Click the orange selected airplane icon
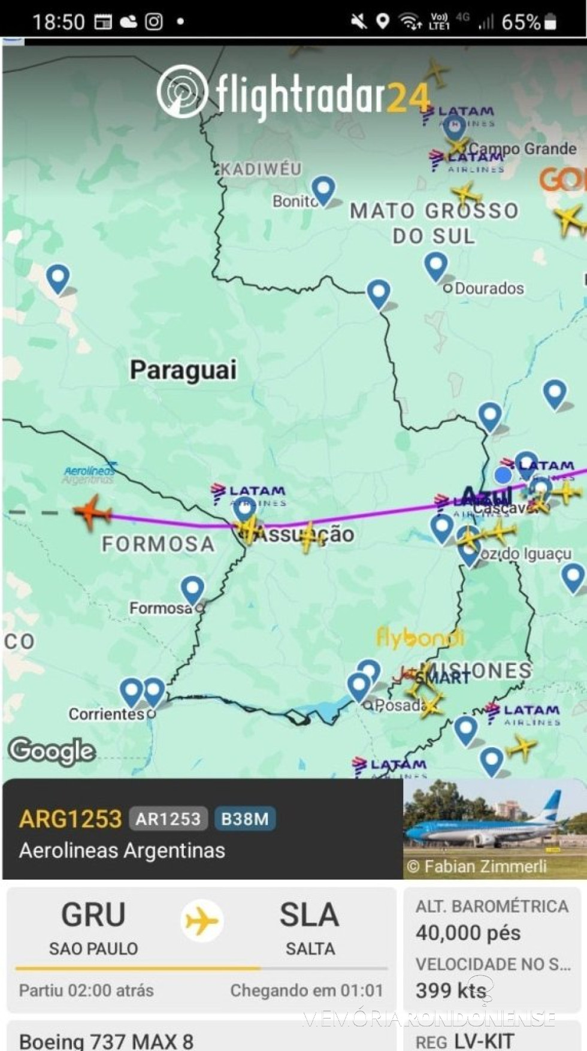[92, 512]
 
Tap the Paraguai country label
[183, 370]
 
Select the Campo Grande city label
[522, 149]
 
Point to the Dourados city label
[489, 288]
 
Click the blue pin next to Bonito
[323, 190]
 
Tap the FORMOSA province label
[158, 544]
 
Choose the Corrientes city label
[106, 714]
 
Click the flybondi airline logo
[420, 638]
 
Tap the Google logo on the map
[52, 751]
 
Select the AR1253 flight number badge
[168, 819]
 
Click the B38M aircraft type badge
[245, 819]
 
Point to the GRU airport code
[93, 915]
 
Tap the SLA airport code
[309, 915]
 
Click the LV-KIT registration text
[484, 1041]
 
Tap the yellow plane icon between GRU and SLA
[202, 920]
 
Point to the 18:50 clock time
[59, 22]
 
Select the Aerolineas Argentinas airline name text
[122, 851]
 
